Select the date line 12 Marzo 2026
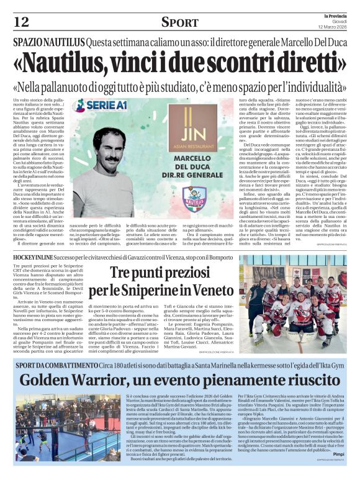pyautogui.click(x=333, y=27)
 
